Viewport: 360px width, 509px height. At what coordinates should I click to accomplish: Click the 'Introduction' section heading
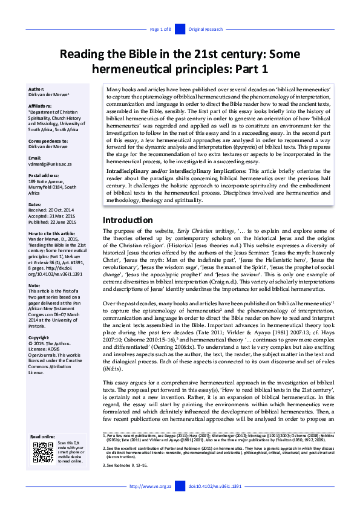tap(127, 220)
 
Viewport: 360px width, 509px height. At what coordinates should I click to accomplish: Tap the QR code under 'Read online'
tap(44, 452)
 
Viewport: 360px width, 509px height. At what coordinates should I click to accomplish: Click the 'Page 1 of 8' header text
tap(160, 29)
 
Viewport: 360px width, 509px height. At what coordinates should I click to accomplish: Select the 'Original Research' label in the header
tap(205, 29)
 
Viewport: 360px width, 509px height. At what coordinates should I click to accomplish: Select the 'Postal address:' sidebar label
tap(44, 175)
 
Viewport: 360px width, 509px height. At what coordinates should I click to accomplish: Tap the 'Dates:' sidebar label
tap(36, 205)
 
